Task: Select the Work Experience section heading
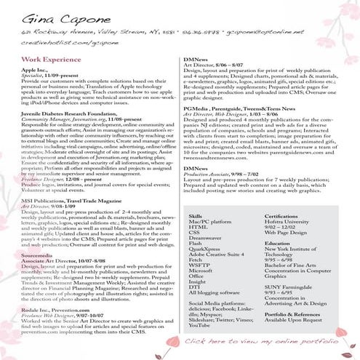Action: coord(52,58)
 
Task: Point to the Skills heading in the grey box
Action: coord(195,196)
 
